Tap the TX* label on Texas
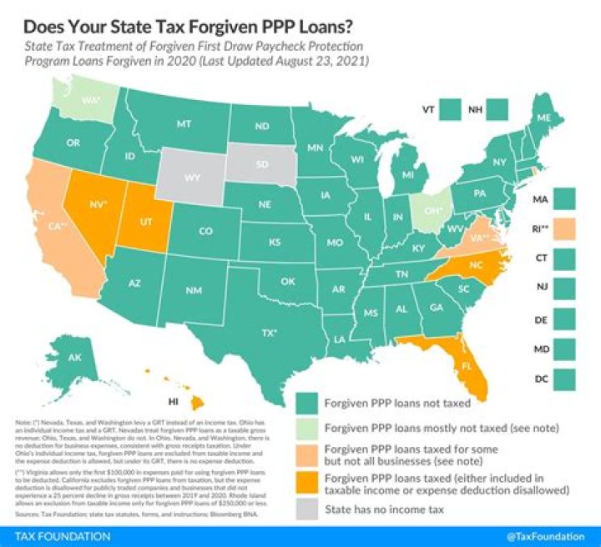click(x=270, y=331)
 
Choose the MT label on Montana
click(x=184, y=123)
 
